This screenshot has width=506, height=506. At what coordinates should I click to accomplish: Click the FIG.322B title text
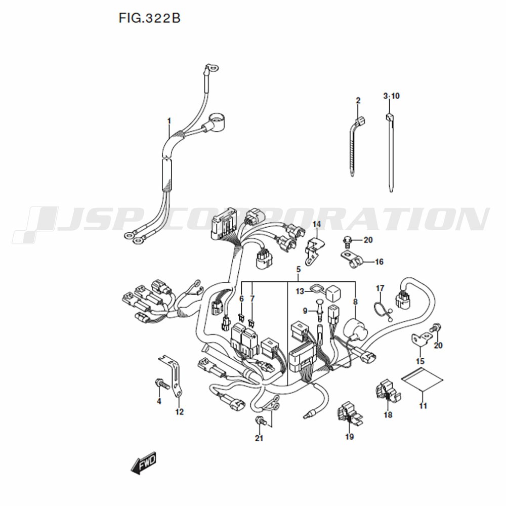tap(149, 18)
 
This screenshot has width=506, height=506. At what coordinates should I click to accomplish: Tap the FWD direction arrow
tap(143, 462)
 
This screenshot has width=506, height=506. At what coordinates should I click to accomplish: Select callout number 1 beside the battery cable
tap(169, 121)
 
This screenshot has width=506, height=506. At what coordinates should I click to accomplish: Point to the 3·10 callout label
tap(392, 96)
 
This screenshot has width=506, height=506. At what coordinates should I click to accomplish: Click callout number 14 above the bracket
tap(317, 224)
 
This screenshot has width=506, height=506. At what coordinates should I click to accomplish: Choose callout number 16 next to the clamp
tap(379, 262)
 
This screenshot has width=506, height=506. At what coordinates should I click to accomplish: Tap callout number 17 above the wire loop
tap(380, 288)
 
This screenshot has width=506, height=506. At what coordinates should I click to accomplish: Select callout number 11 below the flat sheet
tap(423, 406)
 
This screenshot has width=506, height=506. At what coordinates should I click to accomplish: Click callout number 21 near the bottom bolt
tap(259, 438)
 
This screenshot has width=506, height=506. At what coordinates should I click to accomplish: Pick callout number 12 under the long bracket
tap(180, 412)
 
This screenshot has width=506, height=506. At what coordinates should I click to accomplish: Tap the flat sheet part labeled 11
tap(422, 379)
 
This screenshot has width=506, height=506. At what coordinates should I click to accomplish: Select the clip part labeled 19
tap(350, 415)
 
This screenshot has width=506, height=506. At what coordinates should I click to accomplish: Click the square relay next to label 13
tap(333, 293)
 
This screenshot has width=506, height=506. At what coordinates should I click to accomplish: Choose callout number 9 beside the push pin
tap(305, 311)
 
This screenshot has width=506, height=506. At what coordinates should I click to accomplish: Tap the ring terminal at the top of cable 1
tap(212, 68)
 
